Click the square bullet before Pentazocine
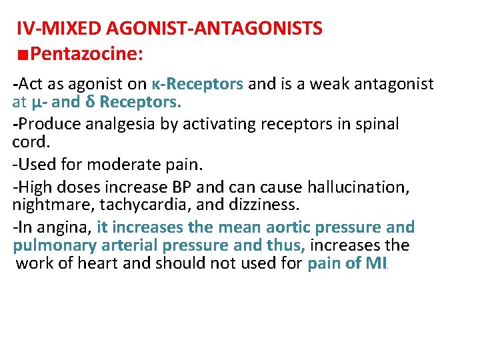pos(23,53)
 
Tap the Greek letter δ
pos(93,103)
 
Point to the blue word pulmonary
pos(50,245)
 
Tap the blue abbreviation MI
pos(375,263)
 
